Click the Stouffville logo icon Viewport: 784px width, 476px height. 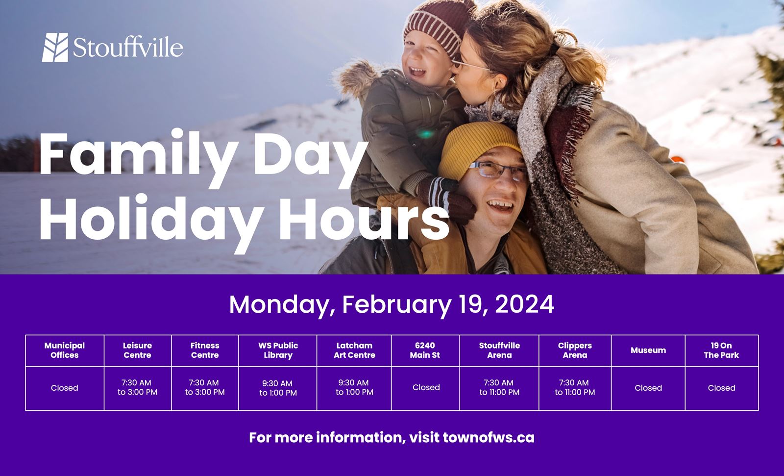point(55,48)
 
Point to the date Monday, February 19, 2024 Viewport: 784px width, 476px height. point(391,304)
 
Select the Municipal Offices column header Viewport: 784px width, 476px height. point(65,351)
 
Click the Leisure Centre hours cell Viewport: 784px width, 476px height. point(137,388)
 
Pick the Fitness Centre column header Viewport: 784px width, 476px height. point(205,351)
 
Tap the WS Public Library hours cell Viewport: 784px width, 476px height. point(278,388)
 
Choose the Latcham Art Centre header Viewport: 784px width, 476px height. point(354,351)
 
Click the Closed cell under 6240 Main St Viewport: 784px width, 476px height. point(426,388)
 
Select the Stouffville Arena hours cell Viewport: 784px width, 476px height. point(499,388)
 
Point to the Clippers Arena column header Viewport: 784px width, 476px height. point(575,351)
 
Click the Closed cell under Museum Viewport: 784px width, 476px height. point(648,388)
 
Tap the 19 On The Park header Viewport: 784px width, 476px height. point(721,351)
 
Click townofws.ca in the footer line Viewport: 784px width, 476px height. point(488,437)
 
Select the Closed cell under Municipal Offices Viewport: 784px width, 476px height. point(65,388)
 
